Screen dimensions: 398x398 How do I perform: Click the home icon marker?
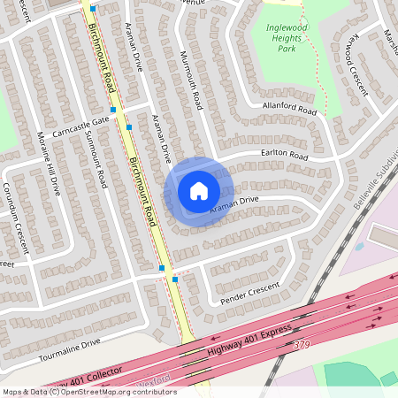click(199, 190)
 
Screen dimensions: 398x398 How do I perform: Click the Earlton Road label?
click(284, 157)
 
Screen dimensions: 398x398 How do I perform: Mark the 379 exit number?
click(302, 344)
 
